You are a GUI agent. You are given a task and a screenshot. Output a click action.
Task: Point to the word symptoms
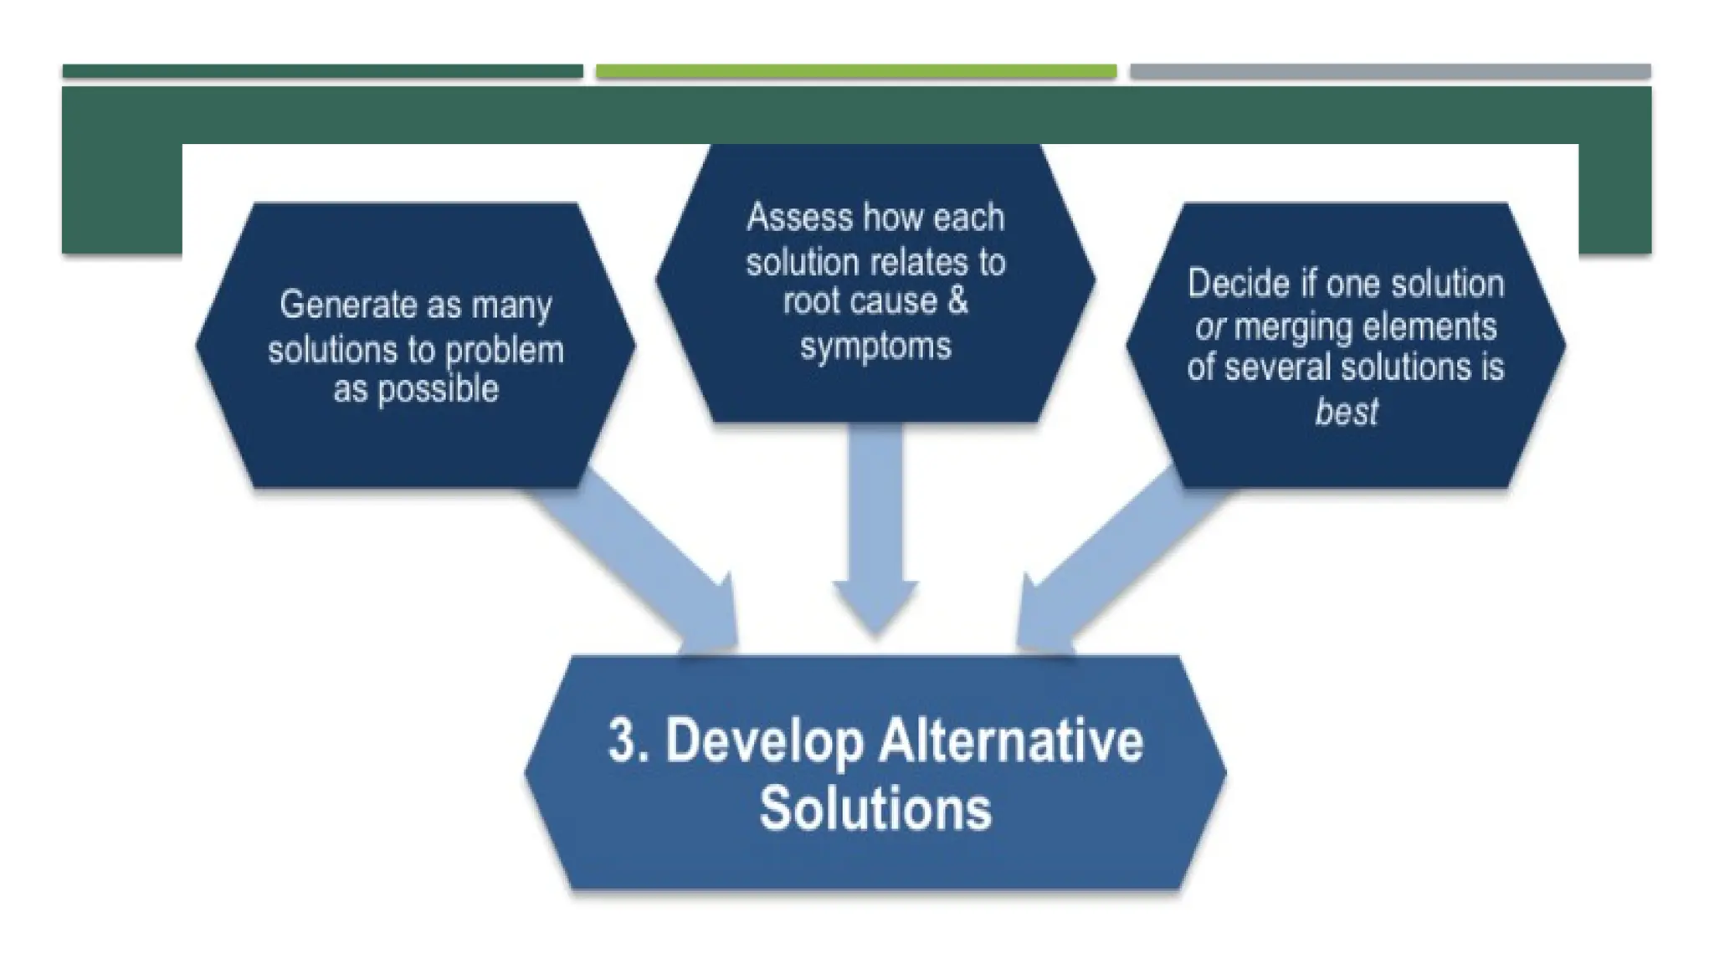coord(875,346)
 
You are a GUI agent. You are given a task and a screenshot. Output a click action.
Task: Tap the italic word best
coord(1346,412)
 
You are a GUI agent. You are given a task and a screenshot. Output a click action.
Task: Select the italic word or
coord(1210,327)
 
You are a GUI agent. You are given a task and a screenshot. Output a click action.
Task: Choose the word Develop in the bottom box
coord(763,742)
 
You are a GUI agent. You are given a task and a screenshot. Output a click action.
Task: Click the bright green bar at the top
coord(855,72)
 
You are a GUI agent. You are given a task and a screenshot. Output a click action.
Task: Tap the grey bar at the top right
coord(1389,72)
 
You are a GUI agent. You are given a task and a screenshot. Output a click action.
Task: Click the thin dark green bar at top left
coord(322,72)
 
